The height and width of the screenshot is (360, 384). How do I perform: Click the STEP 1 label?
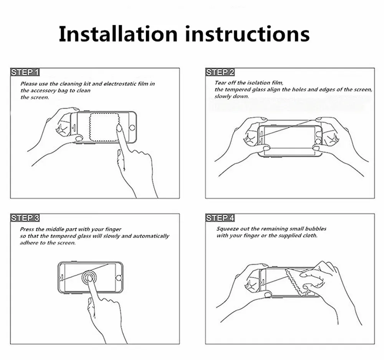point(25,72)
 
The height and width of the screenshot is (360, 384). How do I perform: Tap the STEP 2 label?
point(220,72)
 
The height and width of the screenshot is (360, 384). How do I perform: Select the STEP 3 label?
point(25,218)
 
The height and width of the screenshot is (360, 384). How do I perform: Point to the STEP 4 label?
point(220,218)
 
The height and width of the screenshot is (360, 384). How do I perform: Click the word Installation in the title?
point(118,33)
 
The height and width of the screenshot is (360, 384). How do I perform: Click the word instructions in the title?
point(247,34)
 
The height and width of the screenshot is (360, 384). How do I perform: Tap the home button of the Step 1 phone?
point(132,128)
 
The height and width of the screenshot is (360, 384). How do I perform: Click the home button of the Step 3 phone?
point(119,278)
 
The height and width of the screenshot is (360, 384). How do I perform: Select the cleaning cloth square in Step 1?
point(104,128)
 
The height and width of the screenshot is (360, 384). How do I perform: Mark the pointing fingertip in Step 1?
point(119,128)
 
